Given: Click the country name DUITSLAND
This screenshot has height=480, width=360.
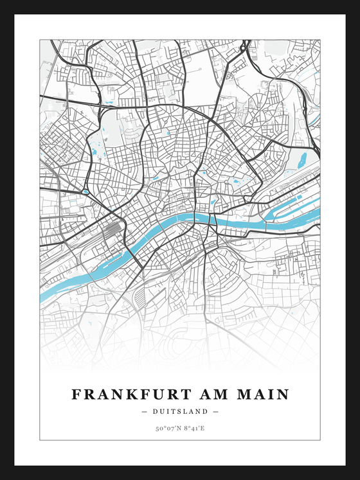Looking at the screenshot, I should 180,411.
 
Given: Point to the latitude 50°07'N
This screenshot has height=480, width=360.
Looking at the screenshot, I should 166,428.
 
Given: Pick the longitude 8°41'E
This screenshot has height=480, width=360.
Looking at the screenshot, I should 195,428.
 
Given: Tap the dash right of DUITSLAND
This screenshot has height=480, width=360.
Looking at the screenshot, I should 216,411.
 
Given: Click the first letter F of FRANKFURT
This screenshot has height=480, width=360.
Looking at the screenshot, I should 76,394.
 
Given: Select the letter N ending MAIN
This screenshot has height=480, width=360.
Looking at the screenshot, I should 283,394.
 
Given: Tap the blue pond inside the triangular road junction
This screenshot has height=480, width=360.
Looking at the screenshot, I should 85,191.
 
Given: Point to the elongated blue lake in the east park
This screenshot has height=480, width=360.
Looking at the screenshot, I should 299,159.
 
